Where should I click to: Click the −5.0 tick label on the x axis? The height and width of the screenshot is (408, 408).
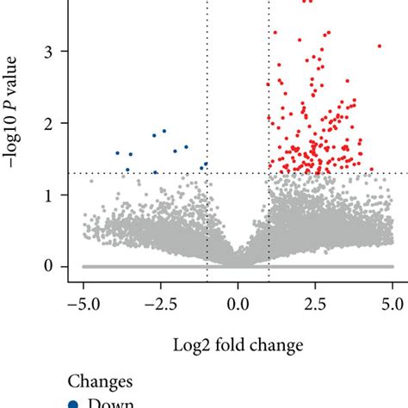tap(83, 303)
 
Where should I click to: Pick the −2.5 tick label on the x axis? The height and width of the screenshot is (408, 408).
tap(160, 303)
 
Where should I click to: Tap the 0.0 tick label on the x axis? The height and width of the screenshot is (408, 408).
tap(238, 303)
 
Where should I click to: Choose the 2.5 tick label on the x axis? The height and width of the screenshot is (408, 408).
tap(315, 303)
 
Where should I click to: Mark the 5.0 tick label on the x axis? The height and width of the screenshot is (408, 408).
tap(393, 303)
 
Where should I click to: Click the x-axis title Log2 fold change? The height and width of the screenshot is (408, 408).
tap(238, 346)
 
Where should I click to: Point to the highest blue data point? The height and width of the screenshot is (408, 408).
tap(164, 131)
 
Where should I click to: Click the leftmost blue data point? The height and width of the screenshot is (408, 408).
tap(118, 153)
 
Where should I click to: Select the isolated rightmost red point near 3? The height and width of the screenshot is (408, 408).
tap(379, 46)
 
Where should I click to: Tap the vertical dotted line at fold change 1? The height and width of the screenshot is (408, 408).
tap(269, 215)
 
